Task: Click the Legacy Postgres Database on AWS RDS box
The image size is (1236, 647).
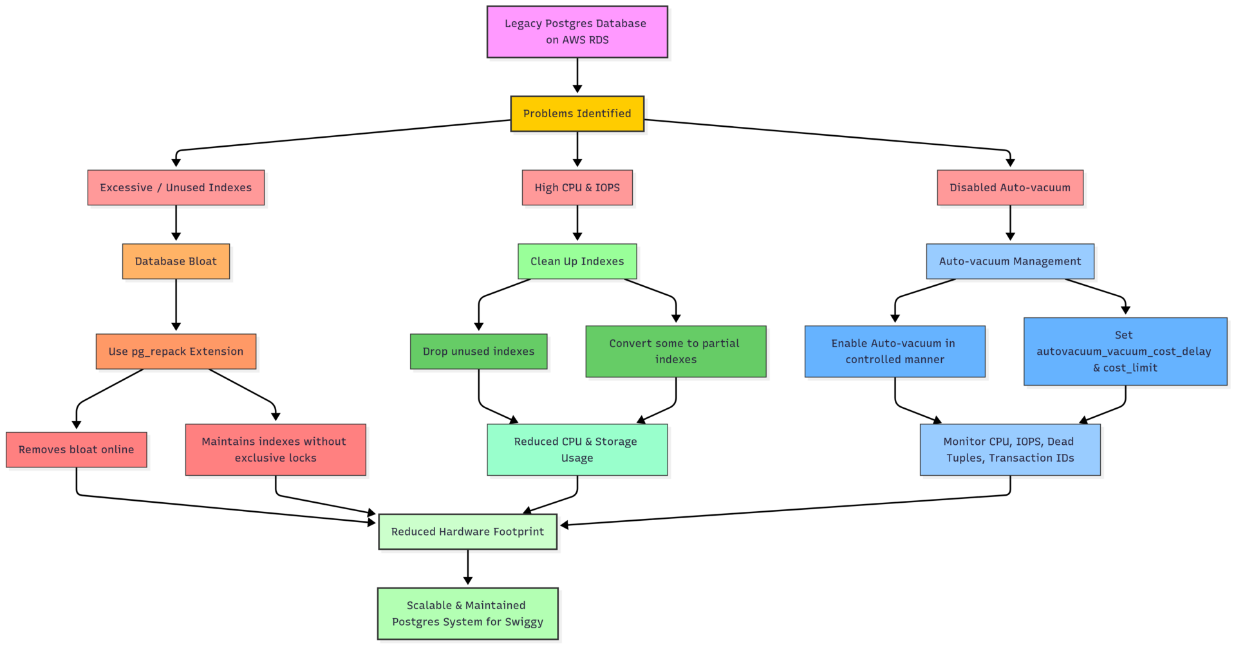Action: [x=577, y=32]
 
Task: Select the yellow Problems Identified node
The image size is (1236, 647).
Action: [x=577, y=114]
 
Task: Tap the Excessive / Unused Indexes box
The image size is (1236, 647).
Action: [x=176, y=188]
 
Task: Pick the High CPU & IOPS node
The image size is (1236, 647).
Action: [x=577, y=188]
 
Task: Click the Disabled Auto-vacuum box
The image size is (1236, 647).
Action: [x=1009, y=188]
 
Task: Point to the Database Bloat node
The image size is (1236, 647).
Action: [x=176, y=261]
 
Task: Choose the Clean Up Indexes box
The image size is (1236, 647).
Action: [x=577, y=261]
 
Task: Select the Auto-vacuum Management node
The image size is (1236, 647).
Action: [x=1009, y=261]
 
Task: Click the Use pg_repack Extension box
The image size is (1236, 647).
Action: [x=176, y=352]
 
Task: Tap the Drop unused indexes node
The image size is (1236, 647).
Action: [x=478, y=352]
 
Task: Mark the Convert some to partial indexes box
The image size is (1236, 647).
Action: [x=675, y=352]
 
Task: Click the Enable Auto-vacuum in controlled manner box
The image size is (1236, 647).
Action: [x=894, y=352]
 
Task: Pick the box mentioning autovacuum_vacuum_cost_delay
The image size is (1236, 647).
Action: [x=1125, y=352]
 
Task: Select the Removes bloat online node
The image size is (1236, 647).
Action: [x=76, y=449]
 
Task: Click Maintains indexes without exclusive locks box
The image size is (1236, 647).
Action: [x=275, y=449]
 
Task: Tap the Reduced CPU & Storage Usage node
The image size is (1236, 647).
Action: [x=577, y=449]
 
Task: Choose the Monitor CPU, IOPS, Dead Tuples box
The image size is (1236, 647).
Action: [x=1009, y=449]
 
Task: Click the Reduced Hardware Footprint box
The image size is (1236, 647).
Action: [x=467, y=532]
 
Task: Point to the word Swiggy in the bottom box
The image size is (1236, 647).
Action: [x=523, y=622]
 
